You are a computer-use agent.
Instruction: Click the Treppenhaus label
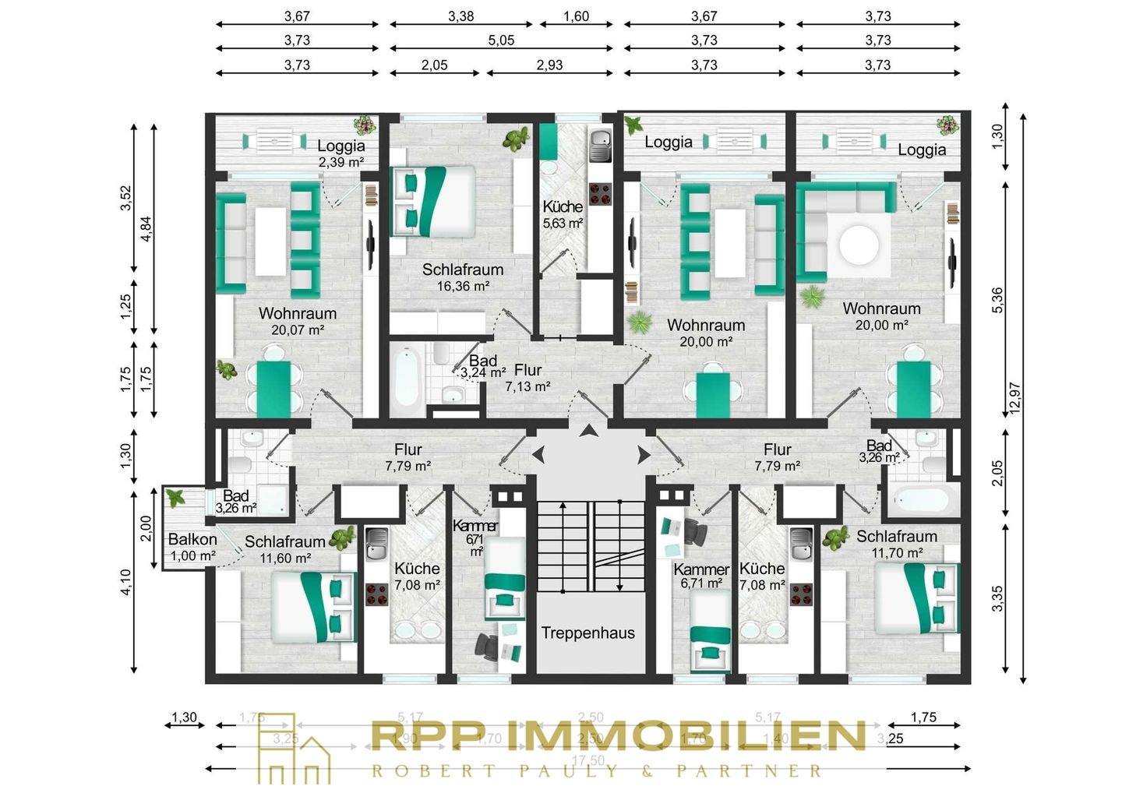click(588, 633)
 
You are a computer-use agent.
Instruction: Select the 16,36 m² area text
click(463, 286)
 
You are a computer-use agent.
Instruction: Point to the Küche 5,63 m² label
click(563, 214)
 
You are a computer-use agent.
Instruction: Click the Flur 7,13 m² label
click(527, 378)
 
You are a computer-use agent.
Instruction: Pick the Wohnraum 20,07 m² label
click(298, 321)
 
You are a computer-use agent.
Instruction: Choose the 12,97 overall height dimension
click(1014, 397)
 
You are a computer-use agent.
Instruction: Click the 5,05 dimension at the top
click(502, 41)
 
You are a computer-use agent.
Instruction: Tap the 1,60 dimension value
click(576, 16)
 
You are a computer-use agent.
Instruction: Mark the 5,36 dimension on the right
click(998, 300)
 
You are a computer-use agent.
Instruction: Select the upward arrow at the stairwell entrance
click(590, 431)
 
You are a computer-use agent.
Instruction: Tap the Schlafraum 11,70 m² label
click(897, 544)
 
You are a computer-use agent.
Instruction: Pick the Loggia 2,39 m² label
click(340, 153)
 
